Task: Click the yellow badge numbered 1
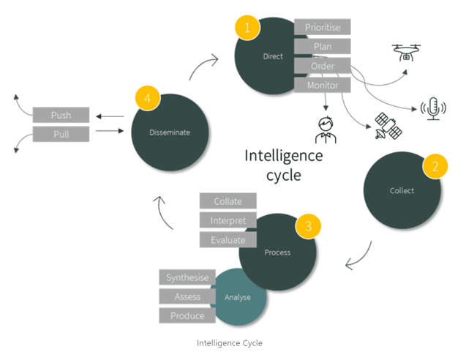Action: pos(247,29)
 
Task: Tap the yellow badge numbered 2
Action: pos(435,165)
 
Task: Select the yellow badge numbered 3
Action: pos(308,227)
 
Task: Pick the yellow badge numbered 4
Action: pos(147,97)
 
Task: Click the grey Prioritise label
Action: pos(323,27)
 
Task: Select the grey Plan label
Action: pos(323,46)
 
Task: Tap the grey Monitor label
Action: pos(323,86)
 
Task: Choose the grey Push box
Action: pos(61,116)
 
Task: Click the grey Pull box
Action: pos(61,134)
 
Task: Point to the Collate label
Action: pos(228,201)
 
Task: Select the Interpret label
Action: pos(228,220)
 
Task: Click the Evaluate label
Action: pos(228,239)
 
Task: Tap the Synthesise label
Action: pos(187,277)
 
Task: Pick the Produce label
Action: pos(187,315)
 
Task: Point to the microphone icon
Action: pos(432,109)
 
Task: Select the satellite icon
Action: pos(387,127)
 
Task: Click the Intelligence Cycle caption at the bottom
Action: pos(229,342)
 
